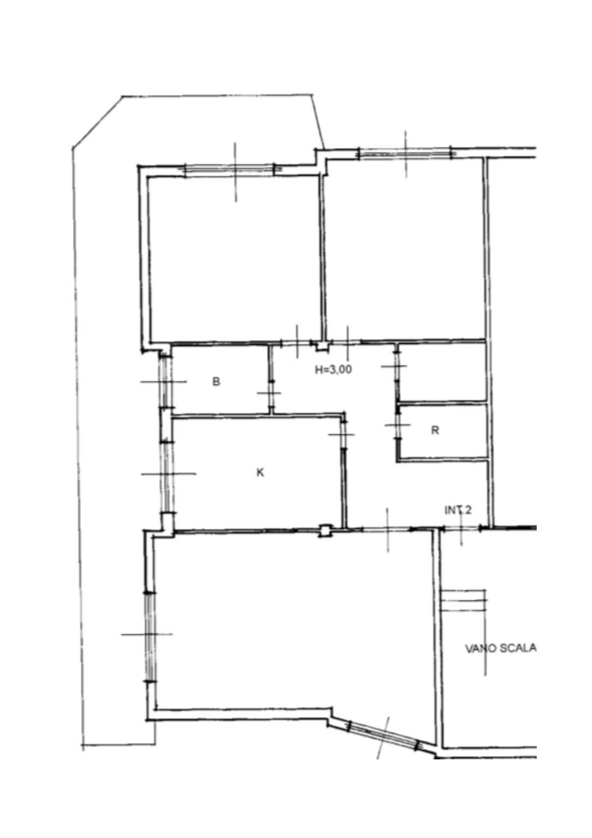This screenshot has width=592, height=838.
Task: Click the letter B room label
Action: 216,382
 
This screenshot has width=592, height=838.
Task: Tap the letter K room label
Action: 260,472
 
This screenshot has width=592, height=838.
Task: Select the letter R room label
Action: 435,431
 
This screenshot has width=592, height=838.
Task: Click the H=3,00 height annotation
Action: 333,370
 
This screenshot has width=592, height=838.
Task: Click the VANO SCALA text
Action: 500,649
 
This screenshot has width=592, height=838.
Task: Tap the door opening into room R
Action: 398,425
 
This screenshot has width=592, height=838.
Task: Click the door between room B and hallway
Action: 271,394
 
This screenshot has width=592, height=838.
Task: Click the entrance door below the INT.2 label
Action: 461,528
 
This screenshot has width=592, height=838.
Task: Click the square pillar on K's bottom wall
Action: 325,530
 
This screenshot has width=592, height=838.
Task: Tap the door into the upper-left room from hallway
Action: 297,342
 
